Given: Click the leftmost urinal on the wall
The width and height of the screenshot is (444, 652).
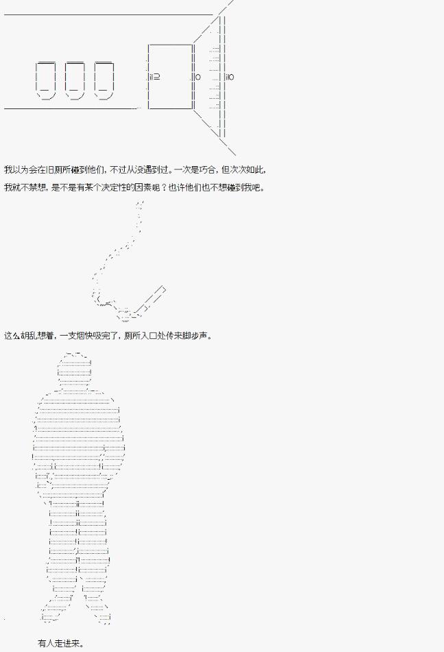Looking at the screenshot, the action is click(46, 81).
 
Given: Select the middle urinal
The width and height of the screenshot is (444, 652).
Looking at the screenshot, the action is click(75, 81).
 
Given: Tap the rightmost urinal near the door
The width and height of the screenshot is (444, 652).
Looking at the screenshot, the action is click(103, 81).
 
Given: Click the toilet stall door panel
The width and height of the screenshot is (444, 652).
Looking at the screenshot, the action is click(170, 76).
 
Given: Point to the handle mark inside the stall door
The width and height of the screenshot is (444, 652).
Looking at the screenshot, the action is click(154, 76).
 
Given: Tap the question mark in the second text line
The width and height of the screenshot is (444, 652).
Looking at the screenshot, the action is click(164, 187).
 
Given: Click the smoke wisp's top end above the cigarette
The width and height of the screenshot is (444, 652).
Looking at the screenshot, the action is click(141, 202).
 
